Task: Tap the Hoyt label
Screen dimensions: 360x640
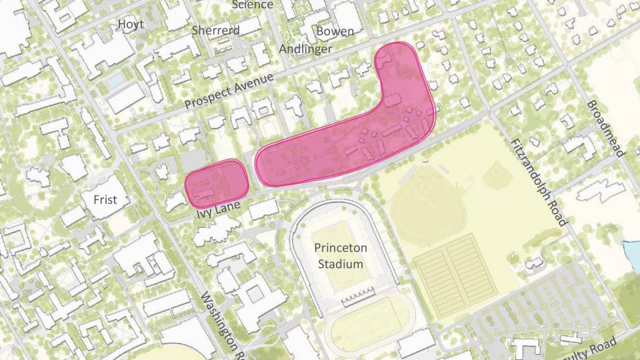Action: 130,25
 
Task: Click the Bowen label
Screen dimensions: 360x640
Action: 335,31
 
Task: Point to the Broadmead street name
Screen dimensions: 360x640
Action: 605,129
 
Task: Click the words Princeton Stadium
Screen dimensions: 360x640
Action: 340,255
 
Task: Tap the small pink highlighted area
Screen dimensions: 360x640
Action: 216,182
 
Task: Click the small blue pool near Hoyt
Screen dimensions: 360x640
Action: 115,81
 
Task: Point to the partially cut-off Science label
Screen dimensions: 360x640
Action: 252,5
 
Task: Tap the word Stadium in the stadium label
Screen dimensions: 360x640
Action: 340,263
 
